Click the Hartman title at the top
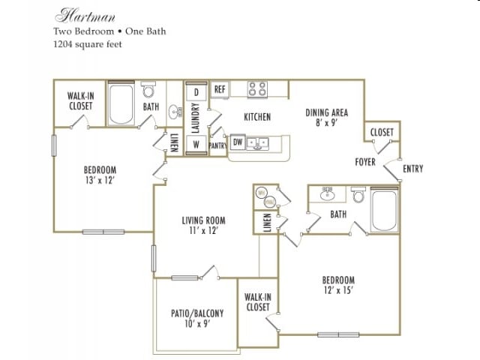[75, 15]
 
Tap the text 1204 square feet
[87, 44]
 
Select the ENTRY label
[412, 169]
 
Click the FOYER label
[365, 162]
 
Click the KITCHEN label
[257, 117]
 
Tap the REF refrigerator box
[220, 89]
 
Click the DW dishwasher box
[237, 142]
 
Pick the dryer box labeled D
[196, 91]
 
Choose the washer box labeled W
[196, 144]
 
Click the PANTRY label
[217, 145]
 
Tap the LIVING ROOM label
[203, 226]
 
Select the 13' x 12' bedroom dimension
[100, 180]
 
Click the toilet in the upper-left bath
[149, 92]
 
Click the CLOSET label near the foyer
[382, 133]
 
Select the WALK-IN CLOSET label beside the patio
[257, 301]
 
